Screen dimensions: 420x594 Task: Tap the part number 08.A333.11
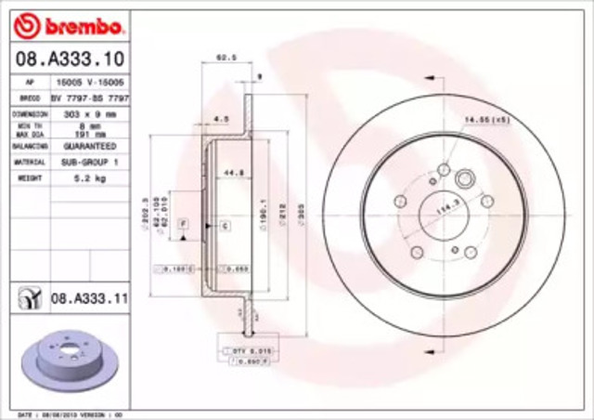(87, 298)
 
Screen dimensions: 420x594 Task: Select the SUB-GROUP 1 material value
(89, 161)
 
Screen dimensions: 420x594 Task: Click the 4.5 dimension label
(221, 119)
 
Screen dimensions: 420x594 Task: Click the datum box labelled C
(225, 226)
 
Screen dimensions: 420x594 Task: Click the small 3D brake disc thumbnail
(65, 359)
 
